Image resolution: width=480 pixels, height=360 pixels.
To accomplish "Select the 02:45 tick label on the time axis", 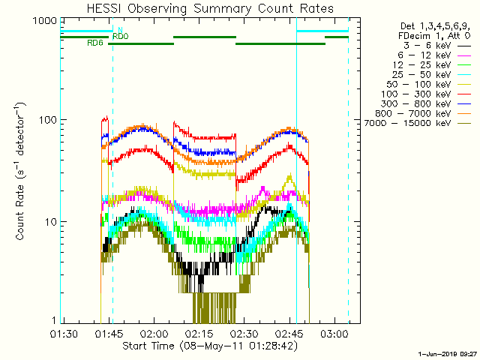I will (x=289, y=332).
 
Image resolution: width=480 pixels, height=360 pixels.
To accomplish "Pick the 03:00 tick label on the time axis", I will (x=334, y=332).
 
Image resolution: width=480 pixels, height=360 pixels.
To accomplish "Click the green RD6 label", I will (x=95, y=43).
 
